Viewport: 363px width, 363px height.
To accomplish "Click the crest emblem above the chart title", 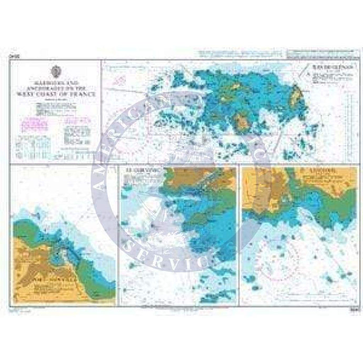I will point(57,72).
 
